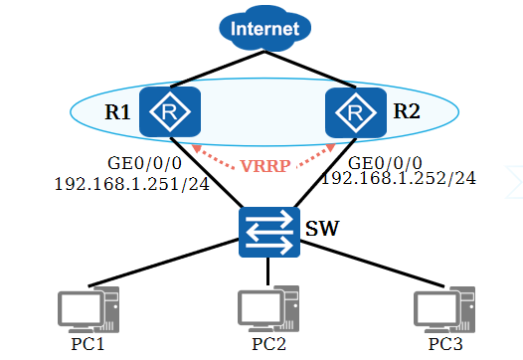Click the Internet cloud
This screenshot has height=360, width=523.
pos(263,29)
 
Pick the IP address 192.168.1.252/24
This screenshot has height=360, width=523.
pos(399,178)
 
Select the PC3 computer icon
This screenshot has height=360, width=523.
pos(444,309)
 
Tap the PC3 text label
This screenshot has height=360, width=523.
pos(444,344)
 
